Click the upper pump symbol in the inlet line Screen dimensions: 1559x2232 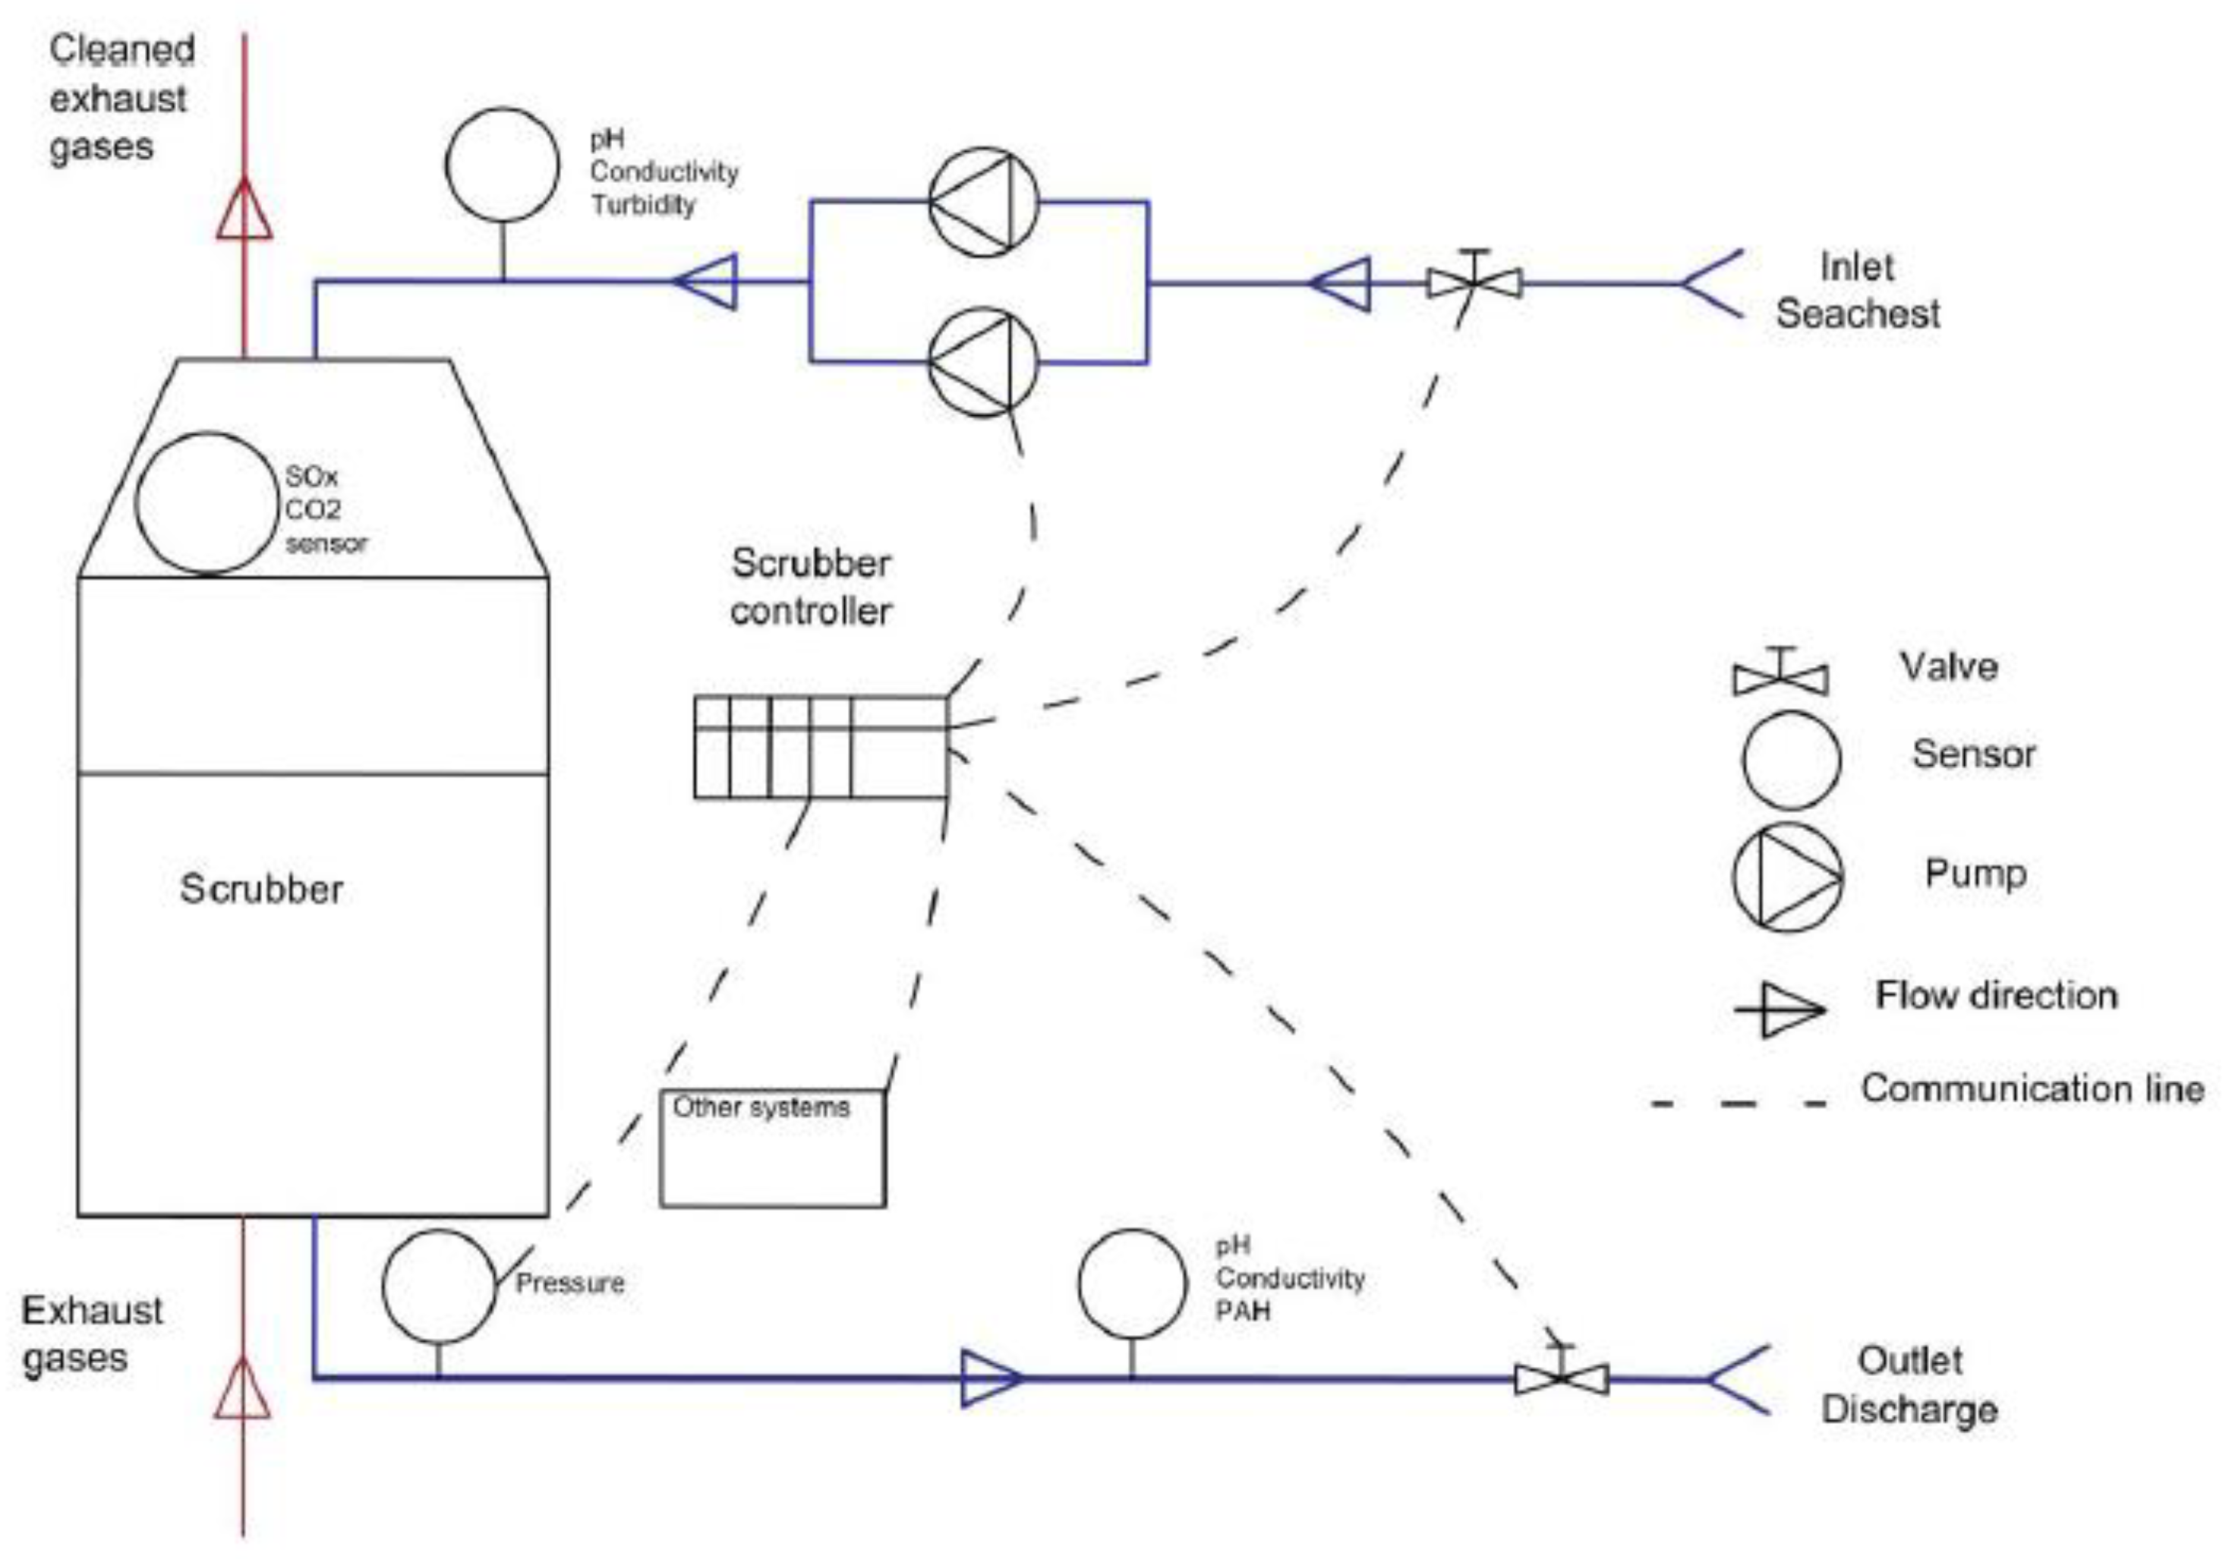[984, 202]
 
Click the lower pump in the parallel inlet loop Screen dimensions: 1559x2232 [984, 363]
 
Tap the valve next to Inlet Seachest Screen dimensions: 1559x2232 [1474, 283]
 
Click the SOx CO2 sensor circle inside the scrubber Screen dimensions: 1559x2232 [207, 503]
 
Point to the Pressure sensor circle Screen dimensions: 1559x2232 [440, 1286]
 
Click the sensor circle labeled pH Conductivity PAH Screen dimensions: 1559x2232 [1131, 1284]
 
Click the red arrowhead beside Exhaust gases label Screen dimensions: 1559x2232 [242, 1389]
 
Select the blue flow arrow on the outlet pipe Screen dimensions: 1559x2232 [990, 1378]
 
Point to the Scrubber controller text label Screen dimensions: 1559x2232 [811, 587]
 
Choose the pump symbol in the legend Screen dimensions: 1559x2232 [1788, 877]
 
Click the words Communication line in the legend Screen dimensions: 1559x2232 [2032, 1088]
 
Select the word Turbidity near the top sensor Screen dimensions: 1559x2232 [644, 205]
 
